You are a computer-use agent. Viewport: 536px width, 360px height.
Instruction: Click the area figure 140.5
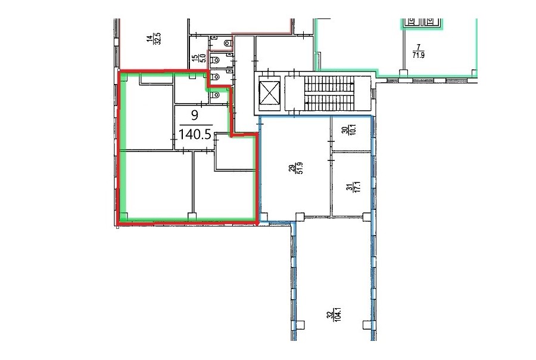click(195, 134)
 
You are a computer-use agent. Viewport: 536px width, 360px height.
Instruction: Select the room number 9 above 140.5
click(195, 115)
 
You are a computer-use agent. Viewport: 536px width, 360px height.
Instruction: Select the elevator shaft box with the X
click(270, 93)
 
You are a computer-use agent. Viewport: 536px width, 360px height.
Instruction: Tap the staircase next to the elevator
click(329, 94)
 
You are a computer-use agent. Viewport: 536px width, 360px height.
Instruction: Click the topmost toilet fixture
click(228, 43)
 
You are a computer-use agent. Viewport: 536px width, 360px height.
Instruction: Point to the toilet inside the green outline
click(216, 95)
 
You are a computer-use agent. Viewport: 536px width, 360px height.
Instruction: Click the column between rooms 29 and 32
click(300, 217)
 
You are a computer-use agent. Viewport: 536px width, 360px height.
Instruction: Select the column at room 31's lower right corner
click(366, 216)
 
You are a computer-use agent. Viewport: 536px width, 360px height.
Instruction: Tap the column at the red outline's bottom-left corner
click(123, 217)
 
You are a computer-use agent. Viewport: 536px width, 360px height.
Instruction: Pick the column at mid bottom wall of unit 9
click(192, 216)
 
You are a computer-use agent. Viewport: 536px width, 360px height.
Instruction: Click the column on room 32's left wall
click(301, 325)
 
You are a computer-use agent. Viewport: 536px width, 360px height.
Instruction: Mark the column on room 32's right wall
click(367, 325)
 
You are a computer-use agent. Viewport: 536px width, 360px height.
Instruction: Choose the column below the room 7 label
click(404, 73)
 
